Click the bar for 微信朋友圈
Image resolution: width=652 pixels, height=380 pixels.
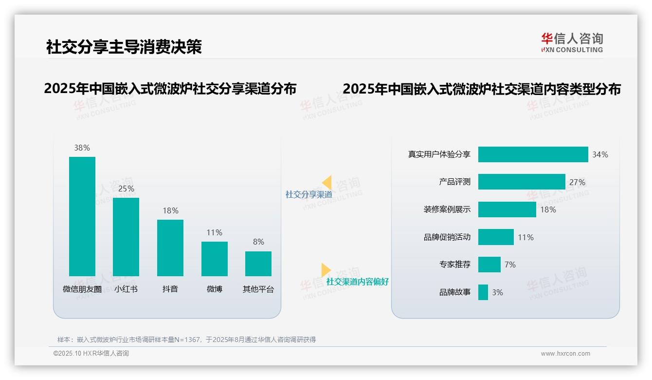[82, 216]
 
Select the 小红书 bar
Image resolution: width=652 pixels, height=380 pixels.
[126, 237]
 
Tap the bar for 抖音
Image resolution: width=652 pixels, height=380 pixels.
[170, 247]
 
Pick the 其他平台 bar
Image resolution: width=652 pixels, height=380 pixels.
[258, 264]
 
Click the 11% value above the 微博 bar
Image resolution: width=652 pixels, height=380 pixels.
[214, 233]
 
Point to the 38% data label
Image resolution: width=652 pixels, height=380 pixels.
[82, 148]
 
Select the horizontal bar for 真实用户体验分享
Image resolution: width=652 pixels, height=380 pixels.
[533, 154]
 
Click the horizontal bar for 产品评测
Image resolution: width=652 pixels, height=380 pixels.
[522, 182]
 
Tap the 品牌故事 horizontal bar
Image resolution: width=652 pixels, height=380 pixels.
[483, 292]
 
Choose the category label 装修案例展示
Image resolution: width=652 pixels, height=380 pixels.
[447, 209]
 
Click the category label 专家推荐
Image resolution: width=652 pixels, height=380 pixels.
[454, 265]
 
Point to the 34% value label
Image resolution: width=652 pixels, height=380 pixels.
[600, 154]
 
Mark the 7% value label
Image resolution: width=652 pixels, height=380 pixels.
[510, 265]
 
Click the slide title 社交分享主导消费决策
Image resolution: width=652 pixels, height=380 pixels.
[124, 47]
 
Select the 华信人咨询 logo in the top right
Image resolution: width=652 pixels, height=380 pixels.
[572, 42]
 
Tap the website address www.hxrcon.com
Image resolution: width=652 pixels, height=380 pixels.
[565, 354]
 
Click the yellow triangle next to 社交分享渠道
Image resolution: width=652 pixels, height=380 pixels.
[327, 183]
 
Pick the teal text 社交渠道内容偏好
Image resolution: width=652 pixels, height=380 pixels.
[357, 282]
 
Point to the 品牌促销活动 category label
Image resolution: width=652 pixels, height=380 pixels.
[447, 237]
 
